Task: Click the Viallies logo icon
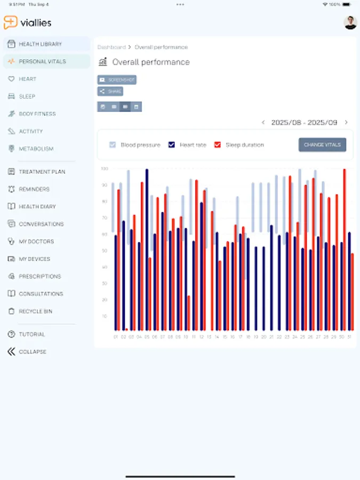point(10,22)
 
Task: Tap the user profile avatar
point(350,22)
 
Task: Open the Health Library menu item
point(40,44)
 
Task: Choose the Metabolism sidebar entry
point(36,149)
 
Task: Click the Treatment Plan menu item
point(38,172)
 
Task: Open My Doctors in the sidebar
point(36,242)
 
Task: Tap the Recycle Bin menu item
point(35,311)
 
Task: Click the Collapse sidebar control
point(32,352)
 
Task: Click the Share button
point(110,92)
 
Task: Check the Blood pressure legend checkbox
point(113,145)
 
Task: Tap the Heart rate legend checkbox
point(172,145)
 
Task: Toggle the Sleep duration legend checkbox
point(218,145)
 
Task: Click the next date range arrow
point(346,123)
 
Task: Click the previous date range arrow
point(263,123)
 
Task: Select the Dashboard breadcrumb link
point(111,47)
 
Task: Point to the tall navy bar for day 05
point(147,250)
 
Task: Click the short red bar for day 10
point(189,313)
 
